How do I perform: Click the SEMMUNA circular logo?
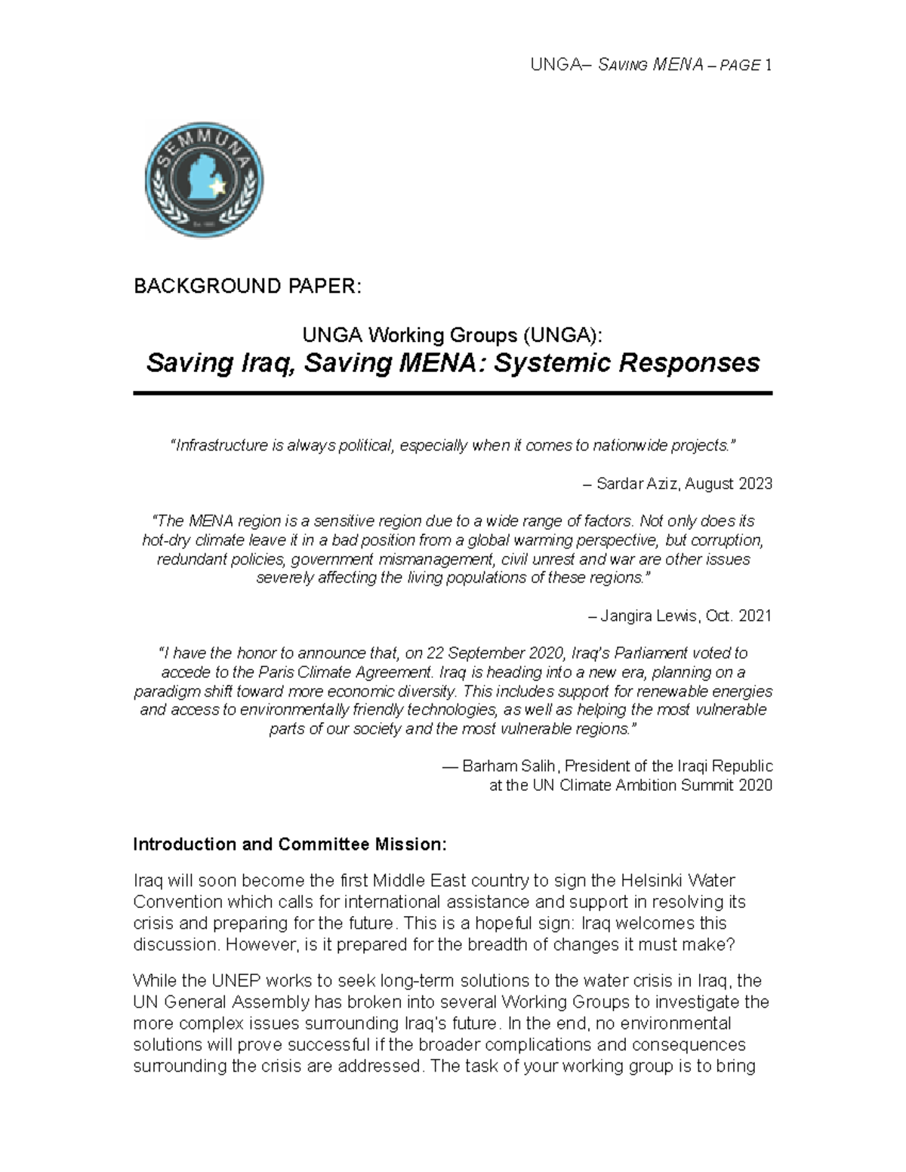coord(204,180)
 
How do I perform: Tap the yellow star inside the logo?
coord(218,186)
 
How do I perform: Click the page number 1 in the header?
coord(768,65)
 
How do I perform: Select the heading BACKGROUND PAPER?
coord(248,286)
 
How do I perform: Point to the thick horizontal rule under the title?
coord(452,393)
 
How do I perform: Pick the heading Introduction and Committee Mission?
coord(290,844)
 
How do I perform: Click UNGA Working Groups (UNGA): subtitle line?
coord(452,334)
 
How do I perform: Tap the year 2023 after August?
coord(757,484)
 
